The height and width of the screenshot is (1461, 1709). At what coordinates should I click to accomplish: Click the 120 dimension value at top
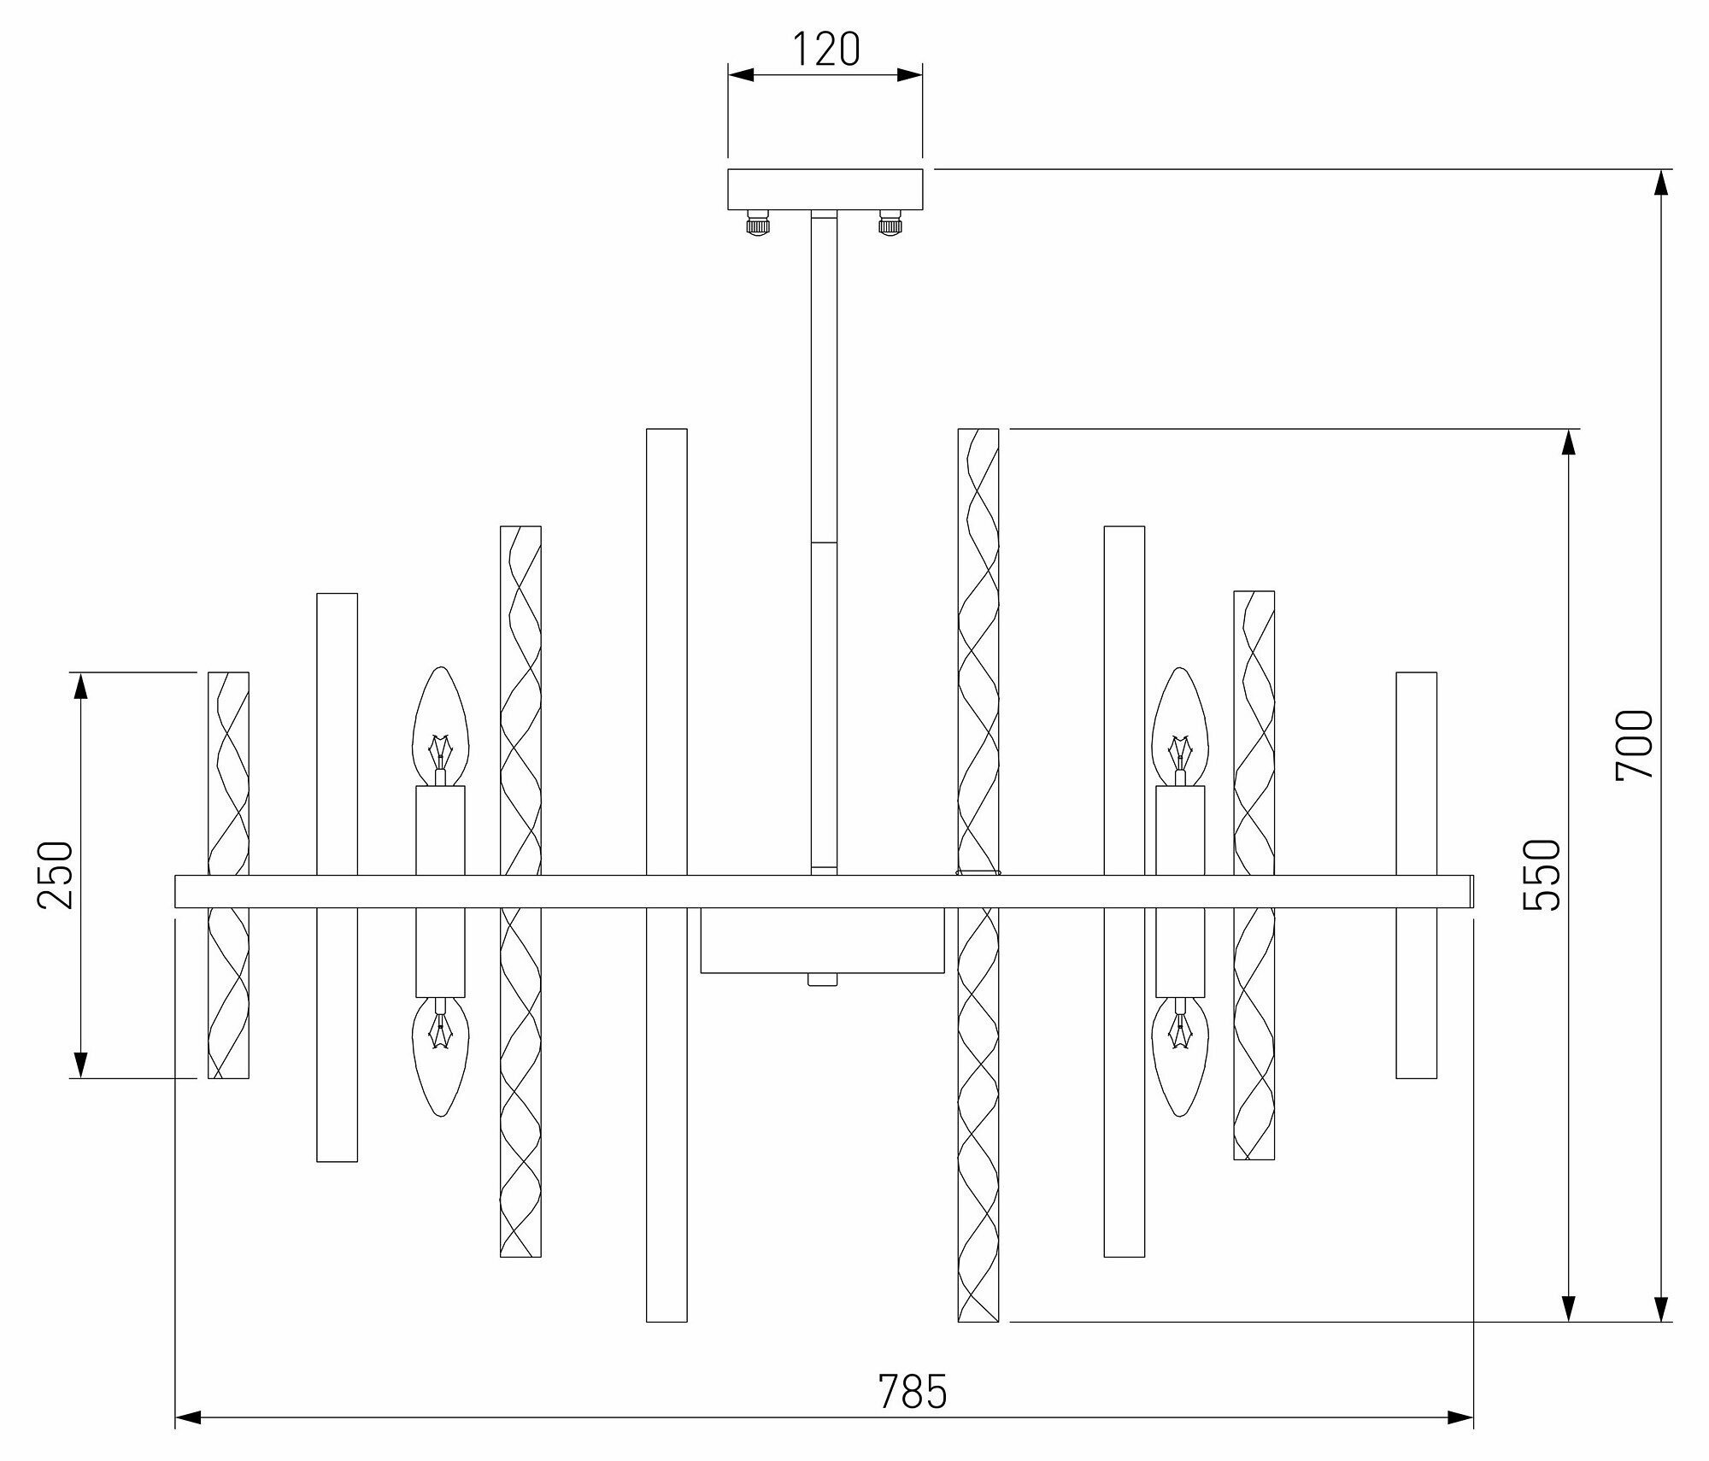coord(825,50)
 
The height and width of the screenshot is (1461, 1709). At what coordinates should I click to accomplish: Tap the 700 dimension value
coord(1635,744)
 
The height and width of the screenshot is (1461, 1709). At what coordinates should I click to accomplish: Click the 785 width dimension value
coord(913,1392)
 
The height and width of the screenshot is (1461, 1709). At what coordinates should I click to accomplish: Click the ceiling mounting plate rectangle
coord(825,190)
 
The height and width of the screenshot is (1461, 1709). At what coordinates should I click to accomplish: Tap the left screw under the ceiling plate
coord(758,225)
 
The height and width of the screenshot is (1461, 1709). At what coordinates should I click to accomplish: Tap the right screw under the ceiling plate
coord(891,225)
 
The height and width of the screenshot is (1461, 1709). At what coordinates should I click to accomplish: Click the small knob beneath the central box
coord(822,979)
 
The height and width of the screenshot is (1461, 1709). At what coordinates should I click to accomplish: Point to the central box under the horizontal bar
coord(822,940)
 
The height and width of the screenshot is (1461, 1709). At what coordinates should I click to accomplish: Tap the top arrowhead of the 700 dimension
coord(1660,183)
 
